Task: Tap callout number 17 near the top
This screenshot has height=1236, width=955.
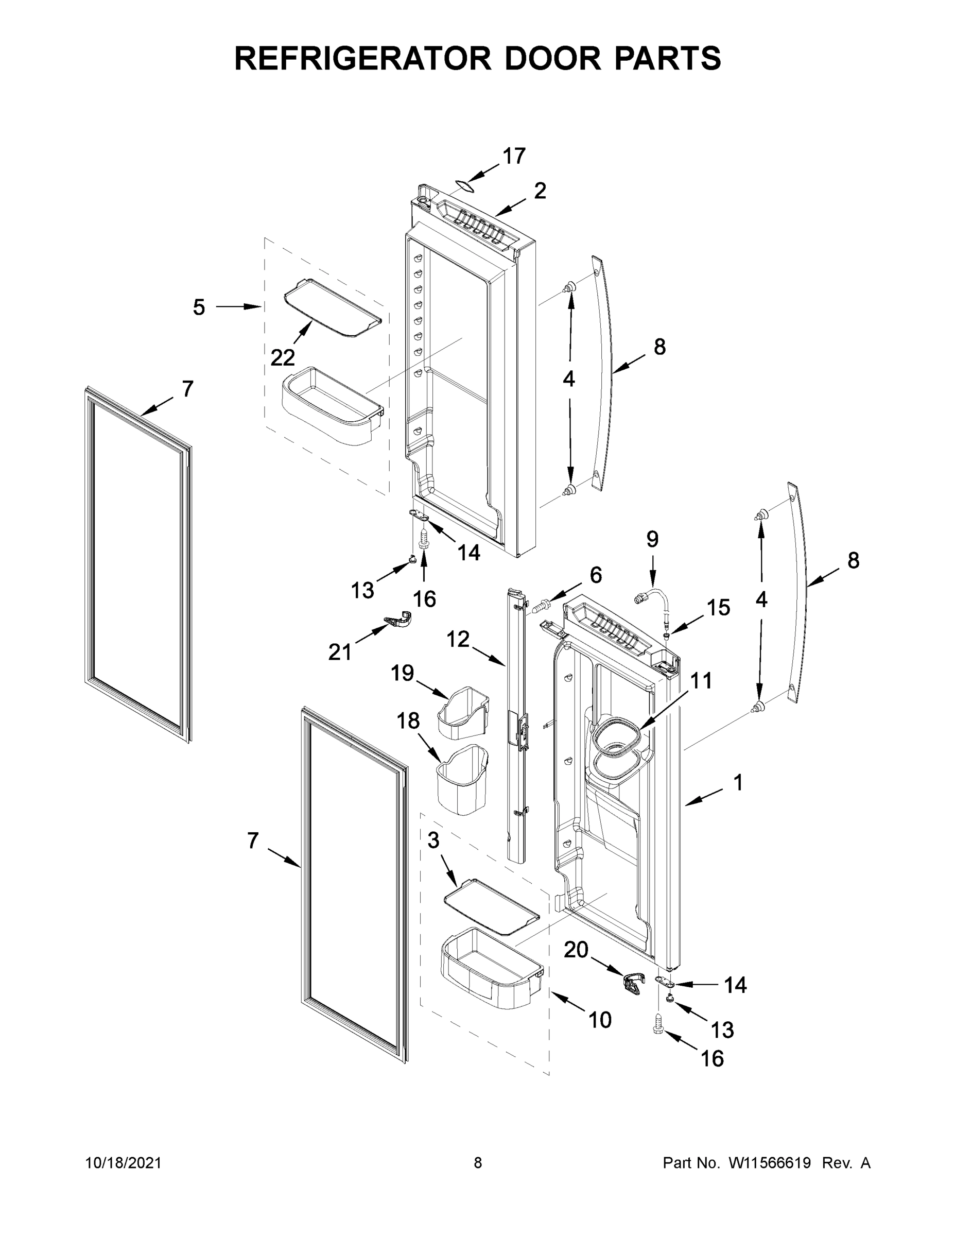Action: coord(514,156)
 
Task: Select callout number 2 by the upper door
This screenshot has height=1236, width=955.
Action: coord(540,191)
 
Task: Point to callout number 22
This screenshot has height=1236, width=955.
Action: coord(282,358)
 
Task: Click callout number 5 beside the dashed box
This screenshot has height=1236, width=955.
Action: coord(199,307)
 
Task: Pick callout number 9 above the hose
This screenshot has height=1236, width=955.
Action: coord(652,539)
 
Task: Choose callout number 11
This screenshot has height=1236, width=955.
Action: coord(701,681)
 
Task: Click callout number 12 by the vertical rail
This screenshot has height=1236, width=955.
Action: coord(458,639)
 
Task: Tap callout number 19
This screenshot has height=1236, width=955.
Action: coord(402,674)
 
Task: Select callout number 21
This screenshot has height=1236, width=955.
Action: coord(340,653)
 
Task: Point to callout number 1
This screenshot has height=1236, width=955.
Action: coord(738,783)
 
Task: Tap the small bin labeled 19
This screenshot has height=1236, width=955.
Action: coord(463,714)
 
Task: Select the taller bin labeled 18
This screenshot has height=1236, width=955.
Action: coord(463,780)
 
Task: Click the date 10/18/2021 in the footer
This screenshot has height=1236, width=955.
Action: coord(124,1162)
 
